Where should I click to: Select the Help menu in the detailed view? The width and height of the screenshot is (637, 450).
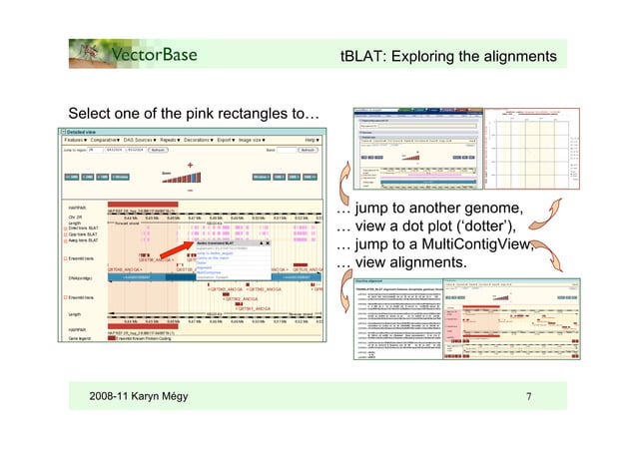click(312, 141)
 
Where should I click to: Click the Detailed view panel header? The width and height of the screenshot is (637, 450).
click(85, 131)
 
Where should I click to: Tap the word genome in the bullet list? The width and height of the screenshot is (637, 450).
click(492, 209)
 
